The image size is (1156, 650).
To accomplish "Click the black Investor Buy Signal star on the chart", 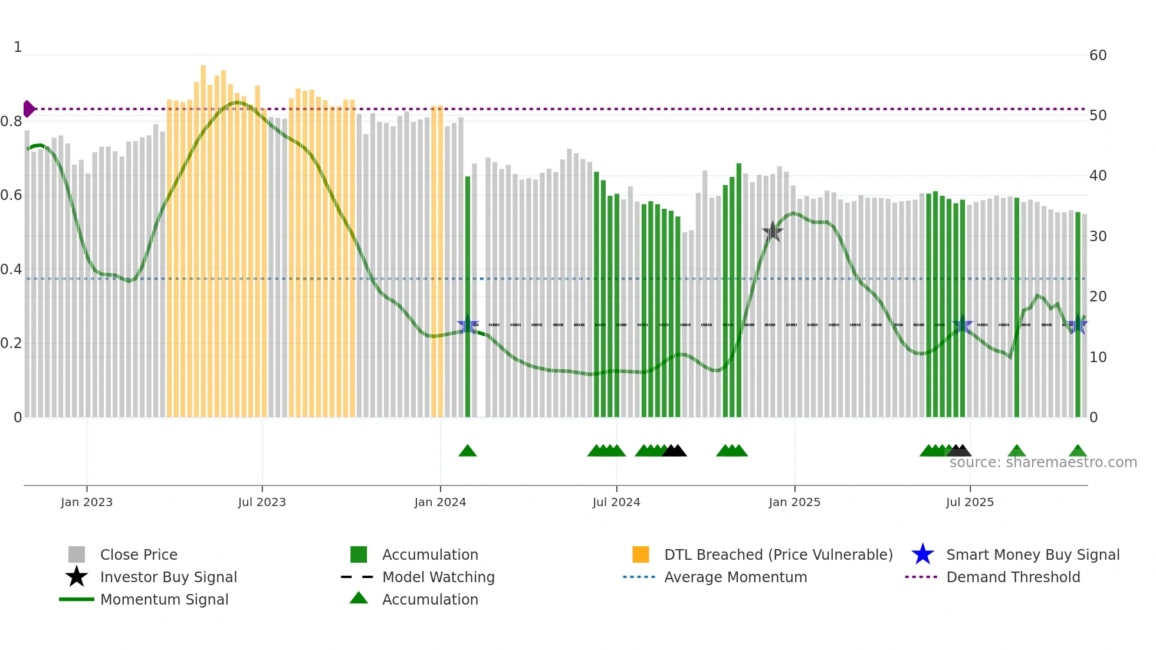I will pyautogui.click(x=772, y=232).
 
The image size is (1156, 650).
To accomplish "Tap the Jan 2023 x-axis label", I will pyautogui.click(x=87, y=502).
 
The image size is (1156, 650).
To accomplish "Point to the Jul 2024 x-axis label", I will pyautogui.click(x=616, y=502).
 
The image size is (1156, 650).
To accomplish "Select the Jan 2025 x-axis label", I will pyautogui.click(x=794, y=502).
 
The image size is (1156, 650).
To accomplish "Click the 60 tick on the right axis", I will pyautogui.click(x=1098, y=55).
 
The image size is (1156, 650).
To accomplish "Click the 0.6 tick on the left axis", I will pyautogui.click(x=11, y=195).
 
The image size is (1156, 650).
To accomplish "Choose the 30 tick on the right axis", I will pyautogui.click(x=1098, y=237).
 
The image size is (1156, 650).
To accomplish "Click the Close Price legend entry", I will pyautogui.click(x=139, y=554).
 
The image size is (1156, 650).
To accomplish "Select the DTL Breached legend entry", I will pyautogui.click(x=778, y=554).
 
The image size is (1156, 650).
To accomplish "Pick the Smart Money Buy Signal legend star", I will pyautogui.click(x=922, y=554).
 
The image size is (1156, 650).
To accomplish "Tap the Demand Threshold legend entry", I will pyautogui.click(x=1013, y=577).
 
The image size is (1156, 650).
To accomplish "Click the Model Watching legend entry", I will pyautogui.click(x=438, y=577).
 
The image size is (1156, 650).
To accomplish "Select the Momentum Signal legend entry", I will pyautogui.click(x=164, y=599).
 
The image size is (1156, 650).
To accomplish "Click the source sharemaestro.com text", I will pyautogui.click(x=1043, y=462).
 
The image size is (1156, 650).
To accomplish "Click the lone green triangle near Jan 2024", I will pyautogui.click(x=468, y=451).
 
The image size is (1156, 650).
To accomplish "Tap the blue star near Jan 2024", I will pyautogui.click(x=468, y=325).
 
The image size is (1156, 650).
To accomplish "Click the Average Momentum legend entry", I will pyautogui.click(x=735, y=577).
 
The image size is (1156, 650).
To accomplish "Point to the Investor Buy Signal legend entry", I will pyautogui.click(x=168, y=577).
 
